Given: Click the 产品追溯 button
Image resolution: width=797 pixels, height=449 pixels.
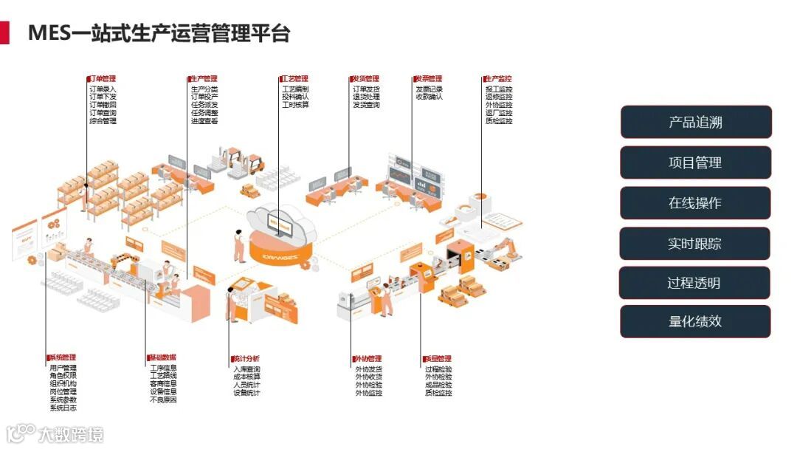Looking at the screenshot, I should (695, 123).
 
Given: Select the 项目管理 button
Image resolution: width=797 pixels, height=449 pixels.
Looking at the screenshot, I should (695, 162).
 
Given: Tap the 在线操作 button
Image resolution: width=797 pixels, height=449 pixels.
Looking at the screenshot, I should (695, 203).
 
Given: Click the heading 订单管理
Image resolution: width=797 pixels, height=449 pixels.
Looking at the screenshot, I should (102, 79).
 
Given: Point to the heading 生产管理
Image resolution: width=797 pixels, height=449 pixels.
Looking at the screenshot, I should (204, 79).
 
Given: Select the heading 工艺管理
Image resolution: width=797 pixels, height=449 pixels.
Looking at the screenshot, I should (294, 79).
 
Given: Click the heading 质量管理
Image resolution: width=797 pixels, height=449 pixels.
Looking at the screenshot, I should (438, 359).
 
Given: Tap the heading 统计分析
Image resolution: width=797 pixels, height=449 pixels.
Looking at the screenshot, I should (246, 359).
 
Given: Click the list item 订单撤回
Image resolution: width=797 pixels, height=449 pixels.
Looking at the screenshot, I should (103, 105).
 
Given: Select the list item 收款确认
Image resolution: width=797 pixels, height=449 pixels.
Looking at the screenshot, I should (429, 97).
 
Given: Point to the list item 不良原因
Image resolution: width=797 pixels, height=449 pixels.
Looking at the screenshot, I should (163, 400).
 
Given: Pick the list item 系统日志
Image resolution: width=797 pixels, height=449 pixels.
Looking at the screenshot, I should (63, 408).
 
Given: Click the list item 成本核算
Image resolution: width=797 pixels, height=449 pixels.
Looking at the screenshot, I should (246, 377).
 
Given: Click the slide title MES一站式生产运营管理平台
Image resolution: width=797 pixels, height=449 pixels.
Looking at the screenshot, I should (159, 33).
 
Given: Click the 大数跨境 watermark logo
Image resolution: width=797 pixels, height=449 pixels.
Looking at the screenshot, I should (55, 433).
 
